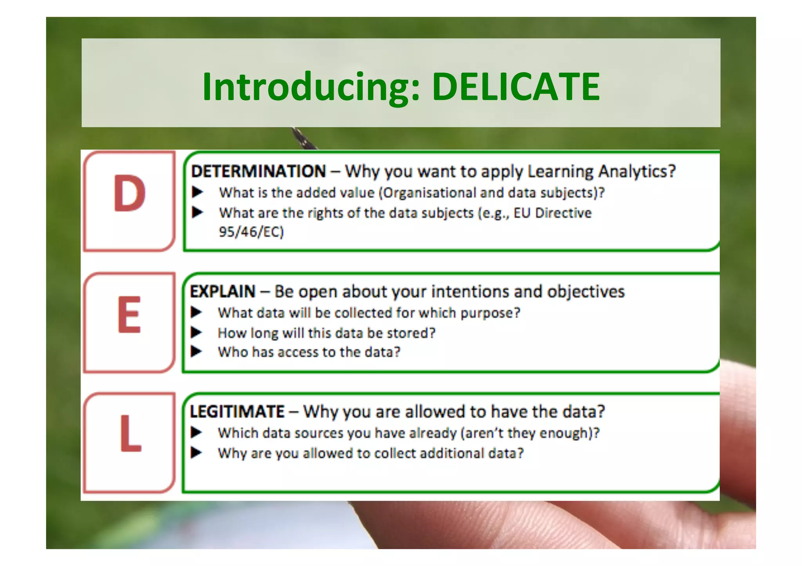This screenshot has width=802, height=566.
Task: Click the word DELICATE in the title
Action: (516, 87)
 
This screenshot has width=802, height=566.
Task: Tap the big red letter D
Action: (130, 193)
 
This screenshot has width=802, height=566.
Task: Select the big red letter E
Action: (129, 314)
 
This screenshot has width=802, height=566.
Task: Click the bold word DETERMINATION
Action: (258, 171)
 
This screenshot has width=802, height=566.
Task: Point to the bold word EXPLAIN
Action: (222, 292)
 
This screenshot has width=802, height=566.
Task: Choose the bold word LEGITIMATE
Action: (237, 411)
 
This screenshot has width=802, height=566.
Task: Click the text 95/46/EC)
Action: (251, 232)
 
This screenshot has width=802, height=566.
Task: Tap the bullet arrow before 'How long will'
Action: (196, 333)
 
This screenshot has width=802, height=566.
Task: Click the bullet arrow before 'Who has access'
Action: (196, 352)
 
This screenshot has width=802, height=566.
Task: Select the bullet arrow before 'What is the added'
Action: (197, 192)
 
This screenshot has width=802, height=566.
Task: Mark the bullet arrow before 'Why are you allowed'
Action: (196, 453)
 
